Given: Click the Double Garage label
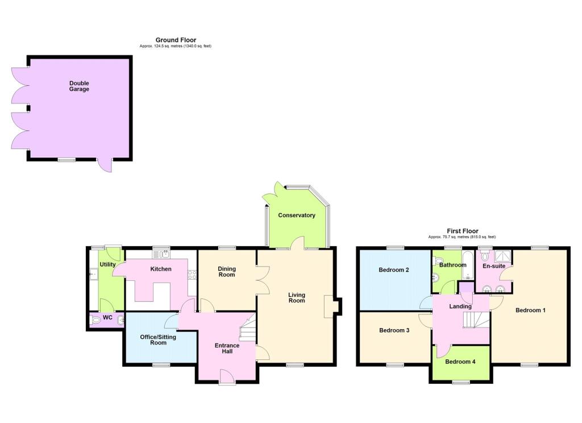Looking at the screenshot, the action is [79, 86].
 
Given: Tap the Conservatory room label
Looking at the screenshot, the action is [297, 215].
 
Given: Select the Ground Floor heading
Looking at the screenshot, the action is [176, 40].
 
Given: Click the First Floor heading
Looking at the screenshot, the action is [463, 231].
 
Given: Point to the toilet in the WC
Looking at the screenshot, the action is [95, 320].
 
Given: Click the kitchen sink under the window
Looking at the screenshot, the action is [161, 254].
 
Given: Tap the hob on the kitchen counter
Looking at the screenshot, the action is [192, 275].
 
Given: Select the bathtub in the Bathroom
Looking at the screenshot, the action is [467, 265].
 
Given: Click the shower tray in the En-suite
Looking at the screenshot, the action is [503, 256].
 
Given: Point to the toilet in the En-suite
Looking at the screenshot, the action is [485, 256].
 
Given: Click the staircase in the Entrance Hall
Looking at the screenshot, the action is [248, 327].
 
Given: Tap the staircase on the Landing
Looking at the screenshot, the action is [476, 320].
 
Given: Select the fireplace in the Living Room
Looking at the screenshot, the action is [329, 307].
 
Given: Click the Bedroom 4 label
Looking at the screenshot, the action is [460, 362].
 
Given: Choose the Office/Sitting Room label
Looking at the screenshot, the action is [158, 340].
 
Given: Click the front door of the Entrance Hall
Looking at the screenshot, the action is [227, 376].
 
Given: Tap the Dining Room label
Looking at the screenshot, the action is [227, 271].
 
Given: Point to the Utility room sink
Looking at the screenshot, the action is [93, 275].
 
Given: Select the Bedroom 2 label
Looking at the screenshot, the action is [394, 270].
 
